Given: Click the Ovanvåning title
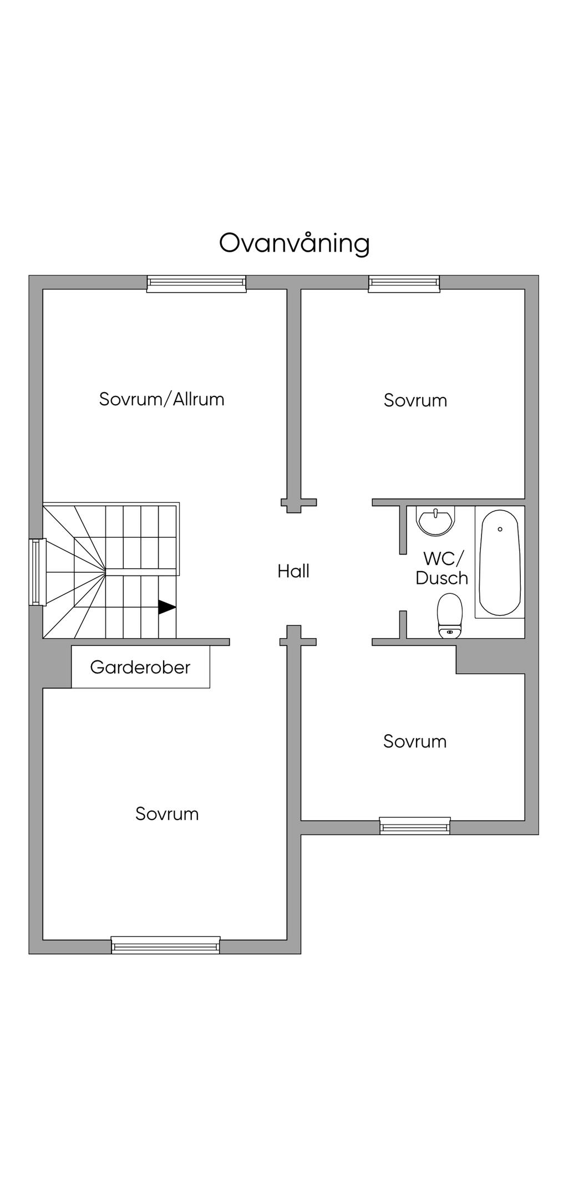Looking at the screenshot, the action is pyautogui.click(x=294, y=243).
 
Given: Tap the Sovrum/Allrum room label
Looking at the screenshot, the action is pyautogui.click(x=161, y=399).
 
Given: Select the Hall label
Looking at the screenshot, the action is pyautogui.click(x=293, y=571).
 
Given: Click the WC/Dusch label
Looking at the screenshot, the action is pyautogui.click(x=442, y=568).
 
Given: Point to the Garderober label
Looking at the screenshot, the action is pyautogui.click(x=140, y=666).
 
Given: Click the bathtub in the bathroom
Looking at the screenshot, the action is pyautogui.click(x=500, y=563).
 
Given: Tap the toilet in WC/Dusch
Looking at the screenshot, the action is pyautogui.click(x=450, y=615).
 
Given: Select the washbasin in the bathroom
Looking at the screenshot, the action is pyautogui.click(x=436, y=521).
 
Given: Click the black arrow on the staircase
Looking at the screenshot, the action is pyautogui.click(x=167, y=607).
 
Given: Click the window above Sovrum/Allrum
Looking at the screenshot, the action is pyautogui.click(x=196, y=284).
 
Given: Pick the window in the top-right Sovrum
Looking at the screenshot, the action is pyautogui.click(x=404, y=284).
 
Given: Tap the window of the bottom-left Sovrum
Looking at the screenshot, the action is pyautogui.click(x=165, y=945).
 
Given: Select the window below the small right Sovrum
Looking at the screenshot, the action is pyautogui.click(x=415, y=826).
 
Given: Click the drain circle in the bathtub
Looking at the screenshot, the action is pyautogui.click(x=500, y=529).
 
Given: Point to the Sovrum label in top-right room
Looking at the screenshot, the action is pyautogui.click(x=415, y=400).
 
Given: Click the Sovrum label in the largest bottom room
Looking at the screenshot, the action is pyautogui.click(x=167, y=813).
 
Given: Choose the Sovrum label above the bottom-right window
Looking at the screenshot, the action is pyautogui.click(x=415, y=741).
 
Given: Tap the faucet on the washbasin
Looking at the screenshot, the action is pyautogui.click(x=436, y=511).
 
